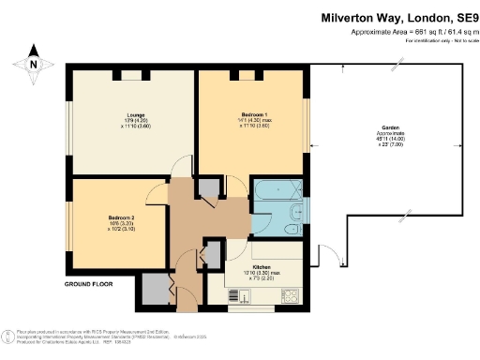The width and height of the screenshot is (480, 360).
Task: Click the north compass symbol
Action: (x=35, y=61)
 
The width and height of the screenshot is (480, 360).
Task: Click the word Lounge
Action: (x=134, y=115)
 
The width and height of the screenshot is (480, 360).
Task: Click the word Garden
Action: (x=391, y=127)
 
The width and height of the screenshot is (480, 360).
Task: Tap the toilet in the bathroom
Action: (x=296, y=212)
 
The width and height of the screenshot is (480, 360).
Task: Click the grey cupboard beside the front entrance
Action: (x=151, y=290)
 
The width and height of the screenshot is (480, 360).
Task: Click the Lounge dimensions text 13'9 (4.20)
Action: (x=134, y=121)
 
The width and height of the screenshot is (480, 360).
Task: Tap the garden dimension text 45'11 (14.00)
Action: (x=391, y=140)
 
